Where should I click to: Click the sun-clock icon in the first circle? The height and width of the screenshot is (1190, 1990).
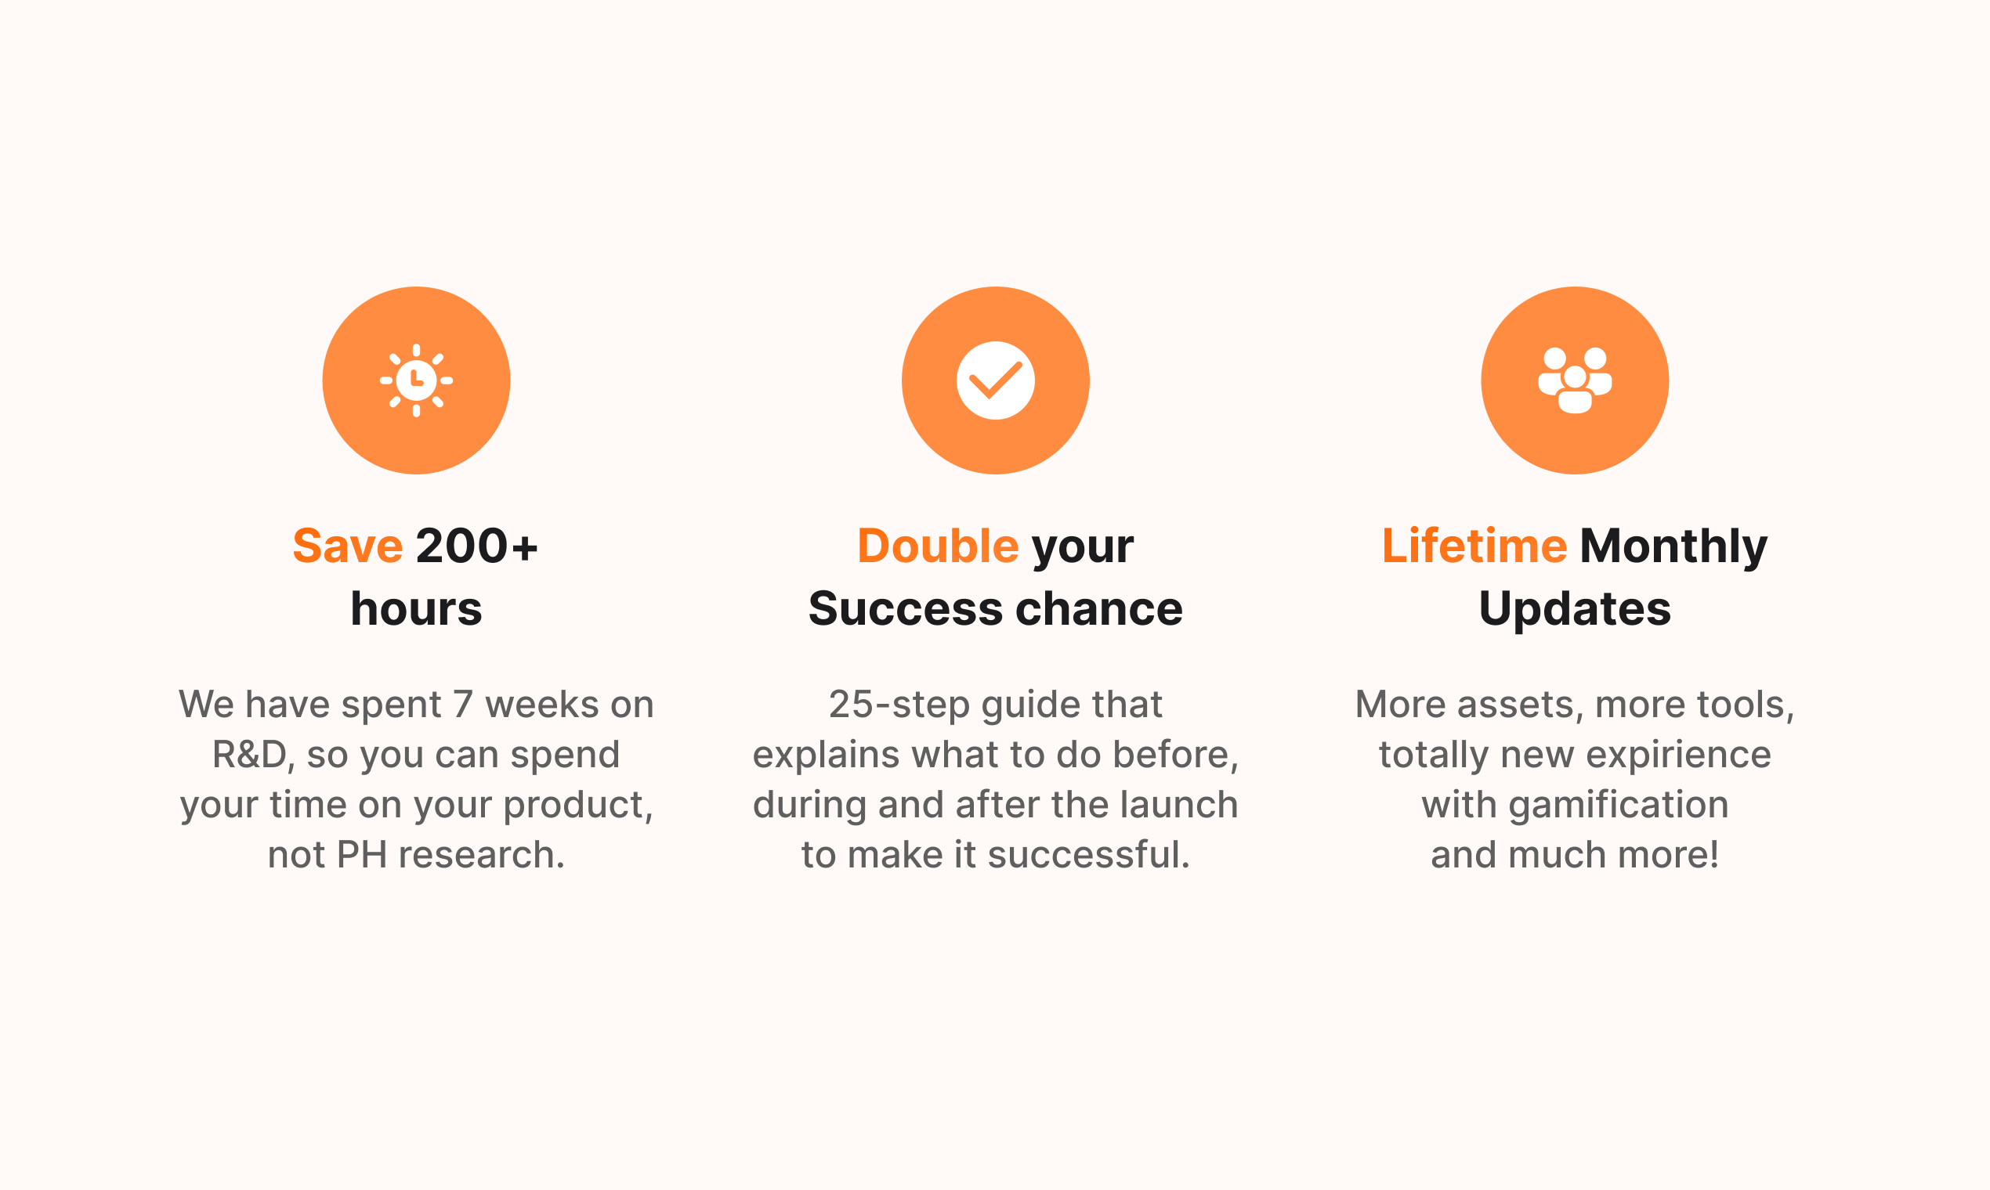(416, 380)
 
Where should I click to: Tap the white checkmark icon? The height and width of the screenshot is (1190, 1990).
(995, 380)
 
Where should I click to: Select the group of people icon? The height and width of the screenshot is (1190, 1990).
(1574, 380)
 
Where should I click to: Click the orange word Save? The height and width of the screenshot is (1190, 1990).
(347, 546)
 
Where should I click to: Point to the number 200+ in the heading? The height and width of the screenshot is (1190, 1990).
(476, 546)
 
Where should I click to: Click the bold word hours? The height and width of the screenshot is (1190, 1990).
(416, 608)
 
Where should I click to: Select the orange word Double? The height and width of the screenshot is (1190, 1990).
(938, 546)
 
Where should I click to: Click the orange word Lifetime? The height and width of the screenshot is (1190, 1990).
(1474, 546)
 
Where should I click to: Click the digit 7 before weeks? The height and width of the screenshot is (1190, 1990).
(462, 705)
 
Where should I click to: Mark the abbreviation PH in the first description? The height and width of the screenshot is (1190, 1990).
(362, 855)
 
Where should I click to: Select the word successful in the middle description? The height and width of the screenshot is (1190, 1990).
(1088, 854)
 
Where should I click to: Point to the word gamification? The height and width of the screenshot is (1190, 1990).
(1619, 805)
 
